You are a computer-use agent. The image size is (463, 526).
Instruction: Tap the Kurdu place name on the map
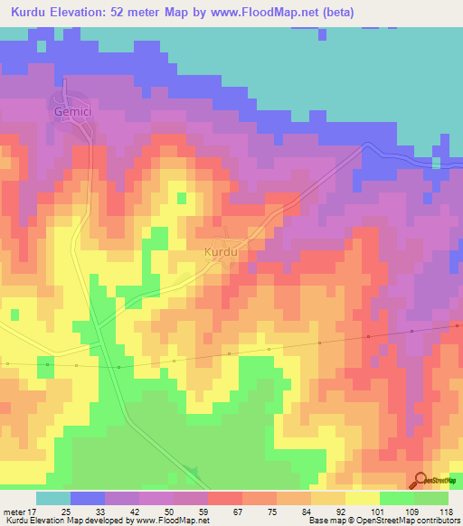click(221, 250)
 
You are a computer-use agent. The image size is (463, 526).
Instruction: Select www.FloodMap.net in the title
click(257, 13)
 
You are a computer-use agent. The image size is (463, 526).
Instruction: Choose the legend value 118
click(446, 511)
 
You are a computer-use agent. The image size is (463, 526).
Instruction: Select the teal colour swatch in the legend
click(53, 498)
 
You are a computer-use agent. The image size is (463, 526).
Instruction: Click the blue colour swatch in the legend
click(88, 498)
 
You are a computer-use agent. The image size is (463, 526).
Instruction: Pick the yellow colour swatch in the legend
click(362, 498)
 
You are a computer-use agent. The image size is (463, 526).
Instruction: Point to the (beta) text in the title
click(333, 13)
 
